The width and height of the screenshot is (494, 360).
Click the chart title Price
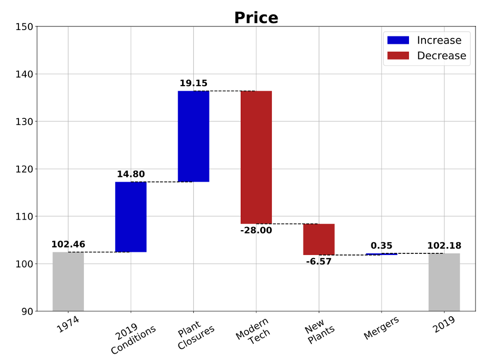pos(256,18)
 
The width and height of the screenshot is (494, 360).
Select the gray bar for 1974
pos(68,281)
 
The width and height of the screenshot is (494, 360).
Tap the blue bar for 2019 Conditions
pos(131,217)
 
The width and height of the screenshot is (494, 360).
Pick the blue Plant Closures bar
pos(193,136)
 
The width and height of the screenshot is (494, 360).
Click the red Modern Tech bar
pos(256,157)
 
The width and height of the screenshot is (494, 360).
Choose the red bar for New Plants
pos(319,239)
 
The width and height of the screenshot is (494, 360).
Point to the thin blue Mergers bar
pos(381,254)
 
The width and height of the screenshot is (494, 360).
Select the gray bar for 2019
pos(444,282)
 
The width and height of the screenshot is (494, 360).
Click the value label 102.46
pos(68,244)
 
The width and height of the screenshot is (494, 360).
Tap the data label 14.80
pos(131,174)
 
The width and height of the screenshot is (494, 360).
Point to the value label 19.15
pos(193,83)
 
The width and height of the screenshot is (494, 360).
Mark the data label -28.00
pos(256,230)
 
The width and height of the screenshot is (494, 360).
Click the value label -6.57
pos(319,261)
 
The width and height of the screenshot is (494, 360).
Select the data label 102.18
pos(444,245)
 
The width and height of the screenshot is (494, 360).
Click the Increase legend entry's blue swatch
pos(398,40)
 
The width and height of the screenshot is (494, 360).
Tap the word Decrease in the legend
pos(441,55)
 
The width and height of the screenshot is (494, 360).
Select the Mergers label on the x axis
pos(381,327)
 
